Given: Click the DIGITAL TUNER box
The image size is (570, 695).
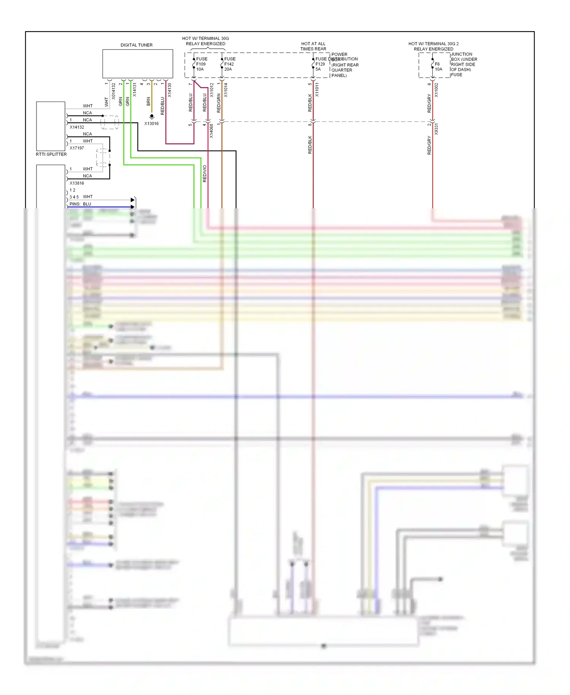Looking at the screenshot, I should [137, 63].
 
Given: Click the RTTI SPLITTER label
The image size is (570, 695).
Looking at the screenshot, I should [51, 154].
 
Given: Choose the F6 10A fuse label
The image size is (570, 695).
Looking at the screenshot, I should [438, 67].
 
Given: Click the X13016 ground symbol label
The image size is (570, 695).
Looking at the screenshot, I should [151, 124].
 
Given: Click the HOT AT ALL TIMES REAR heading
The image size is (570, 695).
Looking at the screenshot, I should [313, 46].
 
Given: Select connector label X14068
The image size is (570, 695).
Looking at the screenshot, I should [212, 131].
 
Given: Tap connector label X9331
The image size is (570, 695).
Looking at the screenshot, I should [436, 129].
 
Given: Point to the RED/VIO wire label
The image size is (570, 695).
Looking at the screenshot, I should [204, 173].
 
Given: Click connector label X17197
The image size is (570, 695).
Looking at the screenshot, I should [77, 148].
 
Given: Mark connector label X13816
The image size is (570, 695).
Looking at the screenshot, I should [77, 183].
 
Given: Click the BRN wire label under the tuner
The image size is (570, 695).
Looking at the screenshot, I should [148, 102].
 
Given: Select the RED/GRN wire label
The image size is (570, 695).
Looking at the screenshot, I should [218, 103].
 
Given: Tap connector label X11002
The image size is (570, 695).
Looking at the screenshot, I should [436, 90].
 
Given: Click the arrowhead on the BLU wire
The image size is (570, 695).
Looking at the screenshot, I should [133, 207].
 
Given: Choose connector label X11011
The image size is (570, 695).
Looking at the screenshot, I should [317, 90].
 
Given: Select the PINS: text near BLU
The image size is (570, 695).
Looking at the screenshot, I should [74, 204].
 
